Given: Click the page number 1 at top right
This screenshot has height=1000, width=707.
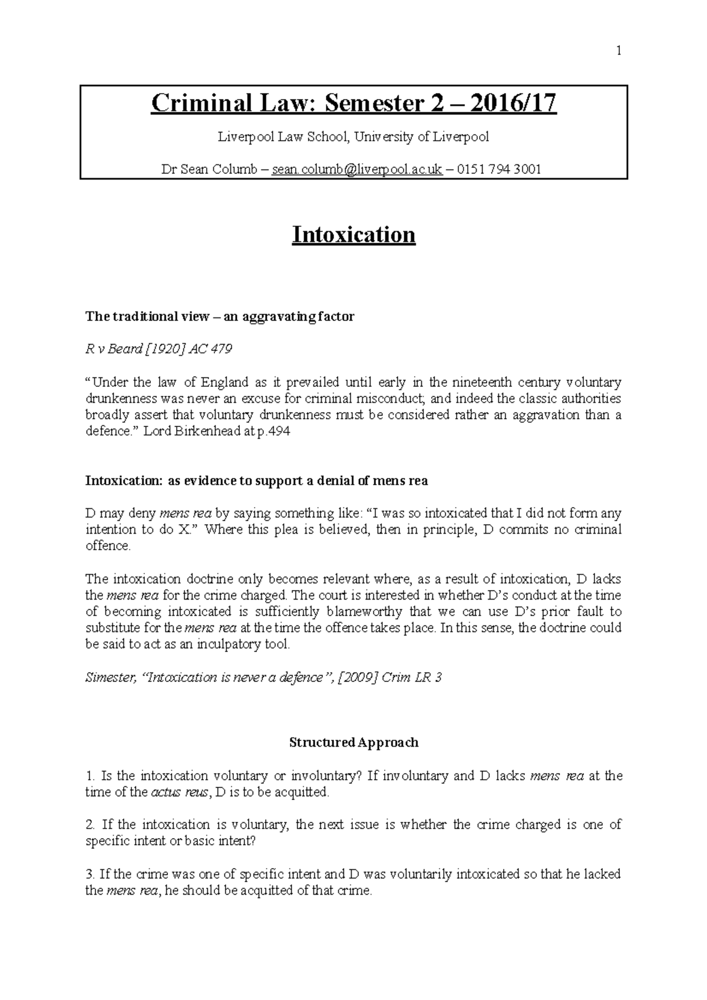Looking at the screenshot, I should tap(619, 51).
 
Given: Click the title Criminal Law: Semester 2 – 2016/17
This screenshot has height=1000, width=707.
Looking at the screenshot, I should tap(353, 104).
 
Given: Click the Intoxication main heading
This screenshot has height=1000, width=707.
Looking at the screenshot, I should tap(353, 235).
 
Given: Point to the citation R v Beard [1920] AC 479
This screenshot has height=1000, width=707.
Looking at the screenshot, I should tap(158, 349).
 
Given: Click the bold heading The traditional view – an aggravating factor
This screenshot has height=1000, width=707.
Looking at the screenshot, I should tap(220, 317).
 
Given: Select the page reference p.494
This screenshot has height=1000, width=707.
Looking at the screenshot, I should tap(275, 431).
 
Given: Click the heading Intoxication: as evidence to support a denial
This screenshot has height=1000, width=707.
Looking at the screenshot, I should tap(256, 481).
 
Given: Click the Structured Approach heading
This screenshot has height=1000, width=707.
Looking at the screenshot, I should tap(353, 743).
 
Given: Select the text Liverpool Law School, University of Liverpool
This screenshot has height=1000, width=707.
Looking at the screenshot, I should tap(353, 137).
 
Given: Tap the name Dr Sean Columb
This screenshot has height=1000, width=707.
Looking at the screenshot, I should tap(209, 170).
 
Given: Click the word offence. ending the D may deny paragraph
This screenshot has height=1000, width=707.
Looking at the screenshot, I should tap(108, 546).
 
